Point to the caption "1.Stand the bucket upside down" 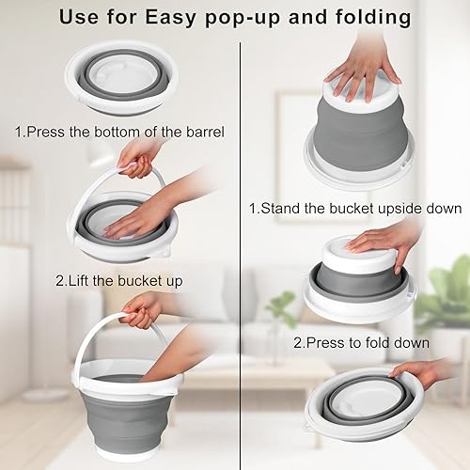point(355,208)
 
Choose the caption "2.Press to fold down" point(361,343)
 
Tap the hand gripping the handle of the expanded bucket point(141,306)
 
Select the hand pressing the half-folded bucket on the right point(381,240)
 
